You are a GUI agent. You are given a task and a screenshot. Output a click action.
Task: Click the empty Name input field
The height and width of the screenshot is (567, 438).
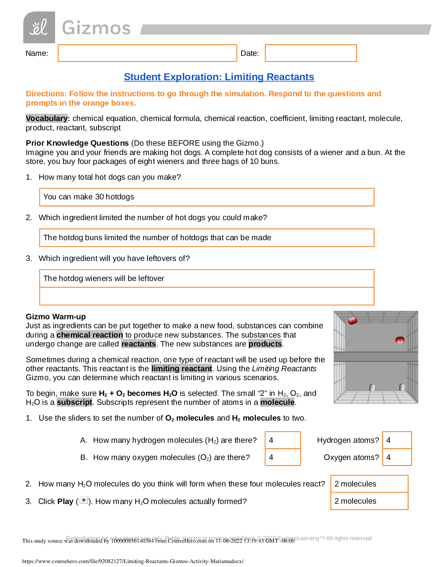[147, 53]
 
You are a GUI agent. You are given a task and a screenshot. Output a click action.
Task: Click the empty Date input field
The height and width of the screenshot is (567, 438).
[311, 53]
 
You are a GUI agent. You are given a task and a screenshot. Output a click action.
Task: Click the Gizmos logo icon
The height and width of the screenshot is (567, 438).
[39, 28]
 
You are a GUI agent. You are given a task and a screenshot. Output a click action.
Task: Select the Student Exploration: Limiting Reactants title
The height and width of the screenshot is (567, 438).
[219, 77]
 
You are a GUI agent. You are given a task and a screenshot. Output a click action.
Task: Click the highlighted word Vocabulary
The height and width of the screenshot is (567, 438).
[47, 118]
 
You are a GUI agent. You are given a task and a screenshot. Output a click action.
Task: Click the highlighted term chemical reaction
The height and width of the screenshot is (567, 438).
[89, 335]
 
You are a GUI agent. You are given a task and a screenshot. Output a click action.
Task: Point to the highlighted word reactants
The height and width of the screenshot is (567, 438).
[138, 344]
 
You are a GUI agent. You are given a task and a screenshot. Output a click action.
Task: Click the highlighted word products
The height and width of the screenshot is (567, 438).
[265, 344]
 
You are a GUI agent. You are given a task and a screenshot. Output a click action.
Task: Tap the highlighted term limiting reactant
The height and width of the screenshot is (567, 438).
[181, 369]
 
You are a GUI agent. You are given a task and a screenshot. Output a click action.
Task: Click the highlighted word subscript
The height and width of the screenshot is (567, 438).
[74, 402]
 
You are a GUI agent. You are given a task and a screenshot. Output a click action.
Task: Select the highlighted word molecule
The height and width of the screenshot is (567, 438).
[277, 402]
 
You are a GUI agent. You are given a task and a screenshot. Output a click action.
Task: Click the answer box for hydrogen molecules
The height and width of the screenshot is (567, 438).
[283, 440]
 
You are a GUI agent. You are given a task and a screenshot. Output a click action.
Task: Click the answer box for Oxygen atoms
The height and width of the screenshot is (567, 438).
[397, 457]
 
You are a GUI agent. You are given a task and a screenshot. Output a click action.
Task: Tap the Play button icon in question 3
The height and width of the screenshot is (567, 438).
[83, 500]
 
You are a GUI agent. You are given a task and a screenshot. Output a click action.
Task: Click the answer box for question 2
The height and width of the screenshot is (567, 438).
[369, 484]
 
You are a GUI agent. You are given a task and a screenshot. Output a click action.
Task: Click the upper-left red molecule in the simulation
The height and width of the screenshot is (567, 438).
[352, 320]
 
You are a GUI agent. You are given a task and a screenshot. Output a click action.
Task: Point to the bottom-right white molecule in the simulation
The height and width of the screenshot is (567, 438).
[402, 387]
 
